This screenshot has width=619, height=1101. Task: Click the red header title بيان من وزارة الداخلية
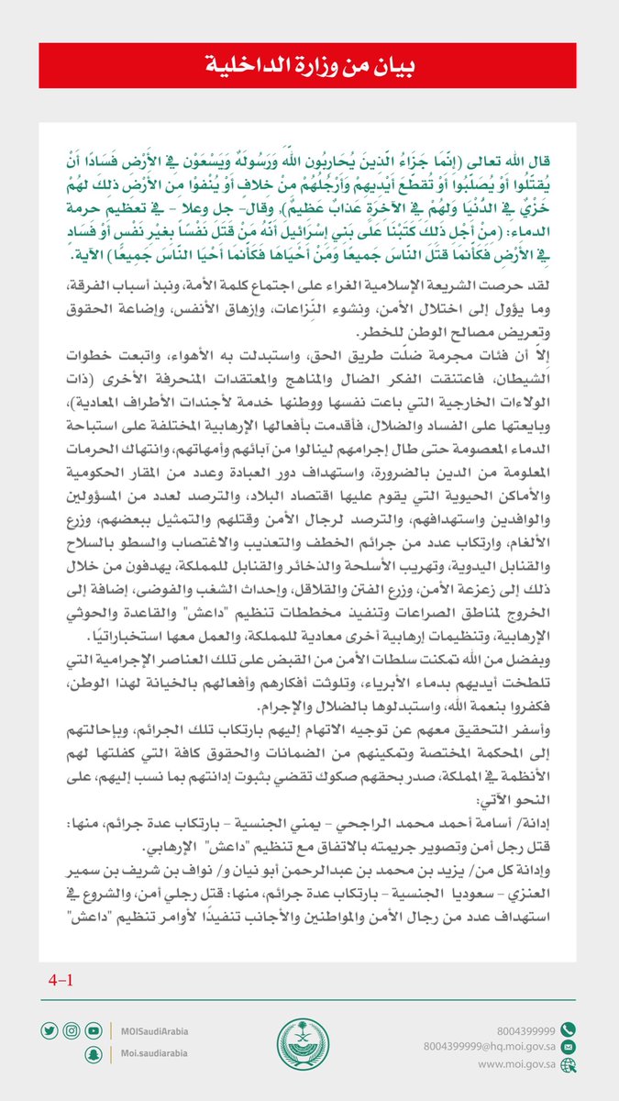(x=309, y=66)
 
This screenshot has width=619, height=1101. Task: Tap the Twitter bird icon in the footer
(x=48, y=1030)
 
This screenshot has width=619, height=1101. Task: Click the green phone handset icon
(x=569, y=1029)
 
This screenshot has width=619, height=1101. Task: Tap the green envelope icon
(x=569, y=1046)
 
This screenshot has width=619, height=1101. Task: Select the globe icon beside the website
(x=569, y=1064)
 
